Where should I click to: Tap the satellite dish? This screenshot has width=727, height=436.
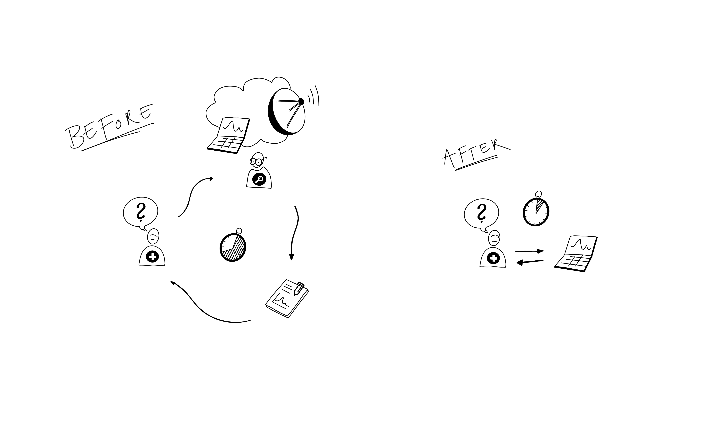pyautogui.click(x=286, y=112)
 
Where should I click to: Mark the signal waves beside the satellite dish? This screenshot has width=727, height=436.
pyautogui.click(x=314, y=96)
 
